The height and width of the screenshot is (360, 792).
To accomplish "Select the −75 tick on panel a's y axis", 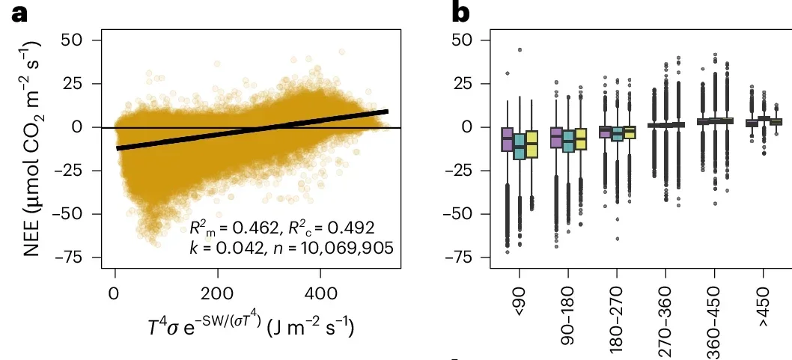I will coord(79,258).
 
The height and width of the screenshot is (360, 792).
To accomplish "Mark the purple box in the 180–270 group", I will coord(606,132).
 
